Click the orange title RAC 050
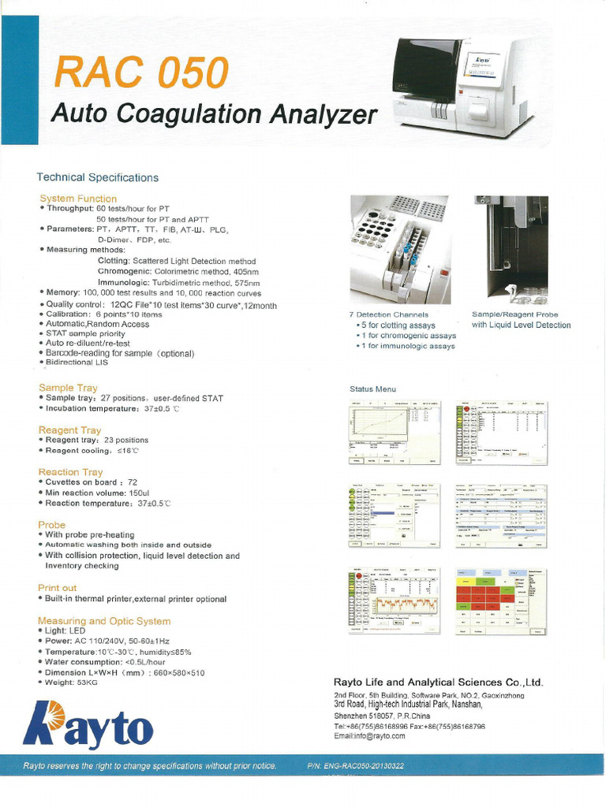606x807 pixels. tap(140, 73)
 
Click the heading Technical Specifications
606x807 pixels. tap(98, 177)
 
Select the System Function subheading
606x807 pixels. tap(78, 199)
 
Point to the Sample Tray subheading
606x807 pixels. tap(68, 388)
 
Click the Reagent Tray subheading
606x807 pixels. tap(70, 430)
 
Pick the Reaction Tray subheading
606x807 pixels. tap(71, 472)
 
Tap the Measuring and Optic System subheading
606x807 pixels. tap(104, 621)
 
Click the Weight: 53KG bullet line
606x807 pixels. tap(71, 682)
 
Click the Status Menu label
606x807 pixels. tap(373, 389)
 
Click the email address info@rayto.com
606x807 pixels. tap(369, 736)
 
